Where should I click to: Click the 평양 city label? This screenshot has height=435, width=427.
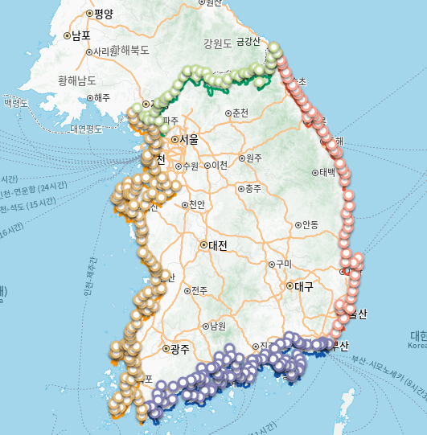coord(104,14)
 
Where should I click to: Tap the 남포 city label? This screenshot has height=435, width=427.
coord(80,36)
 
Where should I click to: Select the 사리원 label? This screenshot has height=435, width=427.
coord(105,51)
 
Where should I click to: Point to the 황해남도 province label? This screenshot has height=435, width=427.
coord(77,80)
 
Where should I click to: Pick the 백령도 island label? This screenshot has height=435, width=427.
coord(16,103)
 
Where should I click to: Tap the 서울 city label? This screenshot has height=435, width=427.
coord(189,139)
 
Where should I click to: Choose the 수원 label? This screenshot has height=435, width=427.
coord(191,166)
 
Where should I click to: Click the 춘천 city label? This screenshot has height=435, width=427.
coord(240,113)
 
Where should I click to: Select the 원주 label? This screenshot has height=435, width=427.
coord(254,158)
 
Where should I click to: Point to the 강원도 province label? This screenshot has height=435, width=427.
coord(217,43)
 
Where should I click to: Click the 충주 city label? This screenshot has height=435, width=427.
coord(253,189)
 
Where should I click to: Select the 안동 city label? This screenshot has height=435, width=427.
coord(309,224)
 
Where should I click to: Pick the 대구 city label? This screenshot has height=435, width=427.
coord(303,285)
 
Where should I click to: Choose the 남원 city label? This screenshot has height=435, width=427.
coord(217,326)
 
